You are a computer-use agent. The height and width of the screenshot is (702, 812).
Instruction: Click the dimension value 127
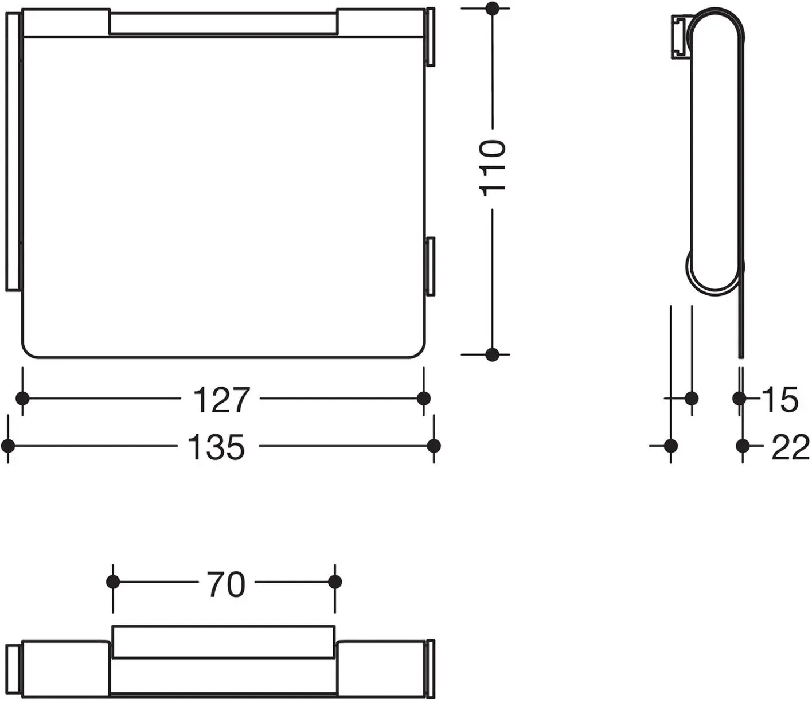[x=221, y=400]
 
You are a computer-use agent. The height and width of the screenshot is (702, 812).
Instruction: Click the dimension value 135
[x=216, y=447]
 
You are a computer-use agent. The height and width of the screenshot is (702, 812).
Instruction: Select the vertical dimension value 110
[x=492, y=167]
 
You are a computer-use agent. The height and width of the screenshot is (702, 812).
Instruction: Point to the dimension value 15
[x=780, y=400]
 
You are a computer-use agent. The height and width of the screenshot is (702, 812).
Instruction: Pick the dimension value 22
[x=790, y=447]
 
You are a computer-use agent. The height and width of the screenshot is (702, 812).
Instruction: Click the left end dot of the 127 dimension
[x=22, y=399]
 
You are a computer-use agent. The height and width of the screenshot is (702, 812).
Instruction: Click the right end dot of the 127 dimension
[x=423, y=399]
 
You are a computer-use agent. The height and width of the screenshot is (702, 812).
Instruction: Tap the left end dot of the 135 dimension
[x=8, y=446]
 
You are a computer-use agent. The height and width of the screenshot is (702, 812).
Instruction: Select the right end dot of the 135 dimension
[x=434, y=446]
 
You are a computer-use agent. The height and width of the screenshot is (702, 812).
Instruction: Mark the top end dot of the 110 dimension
[x=492, y=8]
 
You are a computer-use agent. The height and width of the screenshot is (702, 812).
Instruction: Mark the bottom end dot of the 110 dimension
[x=492, y=354]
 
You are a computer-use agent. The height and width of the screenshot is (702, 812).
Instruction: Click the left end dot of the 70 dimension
[x=113, y=582]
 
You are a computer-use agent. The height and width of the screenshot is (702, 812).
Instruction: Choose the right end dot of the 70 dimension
[x=335, y=582]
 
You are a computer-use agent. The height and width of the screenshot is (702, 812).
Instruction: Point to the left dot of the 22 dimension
[x=670, y=446]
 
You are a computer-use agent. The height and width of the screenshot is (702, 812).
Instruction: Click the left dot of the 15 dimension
[x=692, y=399]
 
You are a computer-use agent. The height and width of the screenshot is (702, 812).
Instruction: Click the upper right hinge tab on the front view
[x=431, y=37]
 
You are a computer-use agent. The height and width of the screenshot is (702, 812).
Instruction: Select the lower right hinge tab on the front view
[x=431, y=266]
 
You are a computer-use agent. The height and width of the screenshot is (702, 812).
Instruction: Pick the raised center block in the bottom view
[x=224, y=642]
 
